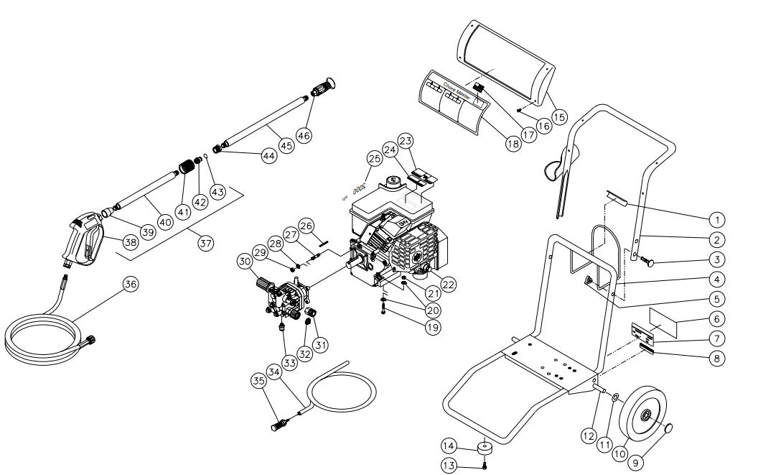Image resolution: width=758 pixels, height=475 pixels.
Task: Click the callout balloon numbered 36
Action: tap(131, 285)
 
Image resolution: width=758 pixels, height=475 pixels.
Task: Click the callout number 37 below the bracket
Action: tap(206, 244)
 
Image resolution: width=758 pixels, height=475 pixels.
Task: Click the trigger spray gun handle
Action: tap(84, 239)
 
